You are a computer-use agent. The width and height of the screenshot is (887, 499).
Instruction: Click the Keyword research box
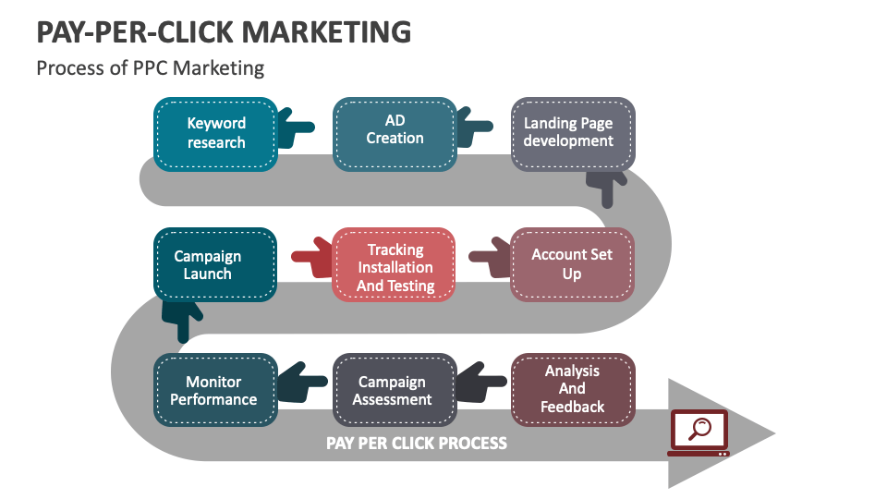pos(215,133)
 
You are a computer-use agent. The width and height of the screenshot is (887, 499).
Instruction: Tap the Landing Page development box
pos(573,133)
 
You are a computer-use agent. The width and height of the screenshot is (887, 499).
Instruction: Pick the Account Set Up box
pos(573,264)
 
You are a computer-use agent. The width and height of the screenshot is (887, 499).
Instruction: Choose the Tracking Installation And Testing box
pos(395,266)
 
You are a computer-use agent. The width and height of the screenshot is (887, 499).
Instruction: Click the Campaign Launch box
pos(215,264)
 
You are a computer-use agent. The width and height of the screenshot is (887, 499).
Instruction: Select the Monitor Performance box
pos(215,390)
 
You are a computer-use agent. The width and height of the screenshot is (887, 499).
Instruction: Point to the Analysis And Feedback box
pos(573,389)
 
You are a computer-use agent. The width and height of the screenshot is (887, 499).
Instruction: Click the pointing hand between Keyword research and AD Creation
pos(297,128)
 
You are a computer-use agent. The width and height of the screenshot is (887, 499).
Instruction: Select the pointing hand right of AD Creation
pos(475,128)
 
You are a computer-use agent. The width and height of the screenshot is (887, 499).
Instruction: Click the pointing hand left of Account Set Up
pos(490,258)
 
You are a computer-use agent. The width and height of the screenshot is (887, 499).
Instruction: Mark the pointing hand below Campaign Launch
pos(183,318)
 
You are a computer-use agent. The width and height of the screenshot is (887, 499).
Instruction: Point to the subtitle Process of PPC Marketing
pos(151,68)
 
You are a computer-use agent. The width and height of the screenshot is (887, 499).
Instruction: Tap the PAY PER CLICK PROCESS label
pos(417,443)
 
